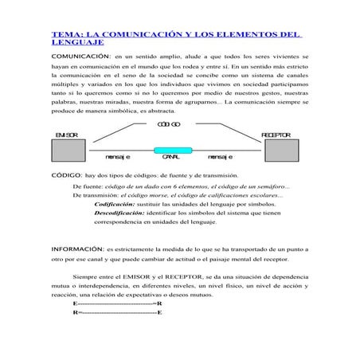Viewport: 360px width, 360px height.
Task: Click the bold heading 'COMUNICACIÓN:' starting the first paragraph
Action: click(80, 58)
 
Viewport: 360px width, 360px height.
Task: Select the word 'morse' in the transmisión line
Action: click(160, 194)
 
